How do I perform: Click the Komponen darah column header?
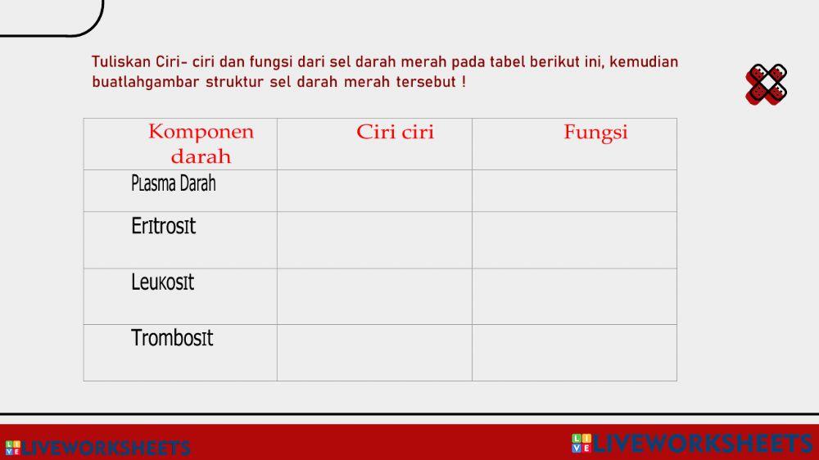pos(201,144)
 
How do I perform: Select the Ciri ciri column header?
pos(395,133)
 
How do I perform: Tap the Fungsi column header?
pos(595,133)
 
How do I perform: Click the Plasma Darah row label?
pos(173,184)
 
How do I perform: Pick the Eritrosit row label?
pos(164,227)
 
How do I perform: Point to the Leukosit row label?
pos(163,283)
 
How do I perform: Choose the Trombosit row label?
pos(172,338)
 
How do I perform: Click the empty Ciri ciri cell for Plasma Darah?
pos(374,191)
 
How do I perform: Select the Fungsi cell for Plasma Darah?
pos(574,191)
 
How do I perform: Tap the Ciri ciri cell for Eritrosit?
pos(374,240)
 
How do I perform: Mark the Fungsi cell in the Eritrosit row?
pos(574,240)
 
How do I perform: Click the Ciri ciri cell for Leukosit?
pos(374,296)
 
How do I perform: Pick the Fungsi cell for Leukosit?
pos(574,296)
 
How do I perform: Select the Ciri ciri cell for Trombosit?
pos(374,353)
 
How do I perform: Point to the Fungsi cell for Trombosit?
pos(574,353)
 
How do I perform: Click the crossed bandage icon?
pos(767,84)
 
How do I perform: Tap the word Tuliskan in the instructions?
pos(121,62)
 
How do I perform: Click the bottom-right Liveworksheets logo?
pos(692,444)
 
